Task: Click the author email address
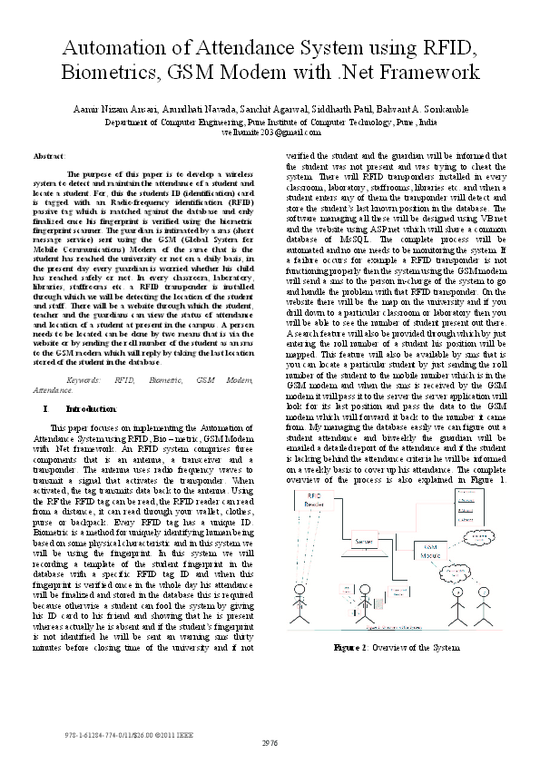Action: click(x=270, y=132)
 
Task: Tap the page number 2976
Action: click(x=270, y=743)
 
